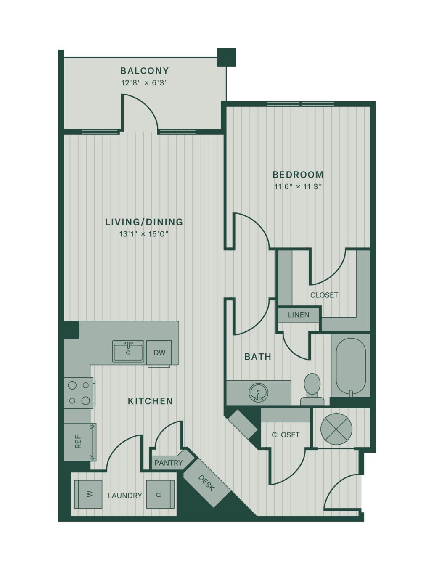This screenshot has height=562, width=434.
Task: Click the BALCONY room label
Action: pos(145,71)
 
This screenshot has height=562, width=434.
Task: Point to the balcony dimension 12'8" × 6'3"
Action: pos(145,83)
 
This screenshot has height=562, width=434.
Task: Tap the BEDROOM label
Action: pos(298,175)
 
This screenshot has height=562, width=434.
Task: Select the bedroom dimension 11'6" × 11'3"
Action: pos(298,186)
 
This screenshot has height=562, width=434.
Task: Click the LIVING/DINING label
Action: pos(144,222)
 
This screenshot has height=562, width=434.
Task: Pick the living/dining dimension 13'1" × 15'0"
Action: pos(144,234)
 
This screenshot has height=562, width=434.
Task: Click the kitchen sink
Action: pos(128,351)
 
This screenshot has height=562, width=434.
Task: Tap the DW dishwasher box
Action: pos(159,352)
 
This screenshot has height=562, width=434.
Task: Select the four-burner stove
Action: pos(79,393)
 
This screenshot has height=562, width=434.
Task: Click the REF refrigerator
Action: pos(80,442)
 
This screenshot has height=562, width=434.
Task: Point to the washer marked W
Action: pos(88,494)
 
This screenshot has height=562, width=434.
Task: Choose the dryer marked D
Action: pos(160,494)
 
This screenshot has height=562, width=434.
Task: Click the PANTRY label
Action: pos(169,463)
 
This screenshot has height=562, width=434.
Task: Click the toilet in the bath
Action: pos(312,390)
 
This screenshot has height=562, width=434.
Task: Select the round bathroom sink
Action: pos(258,393)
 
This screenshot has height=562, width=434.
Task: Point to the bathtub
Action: pos(351,367)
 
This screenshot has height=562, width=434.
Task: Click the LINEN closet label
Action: pos(299,315)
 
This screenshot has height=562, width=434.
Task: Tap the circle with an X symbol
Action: pos(336,429)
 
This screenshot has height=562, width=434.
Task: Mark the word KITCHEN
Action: pos(151,401)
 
